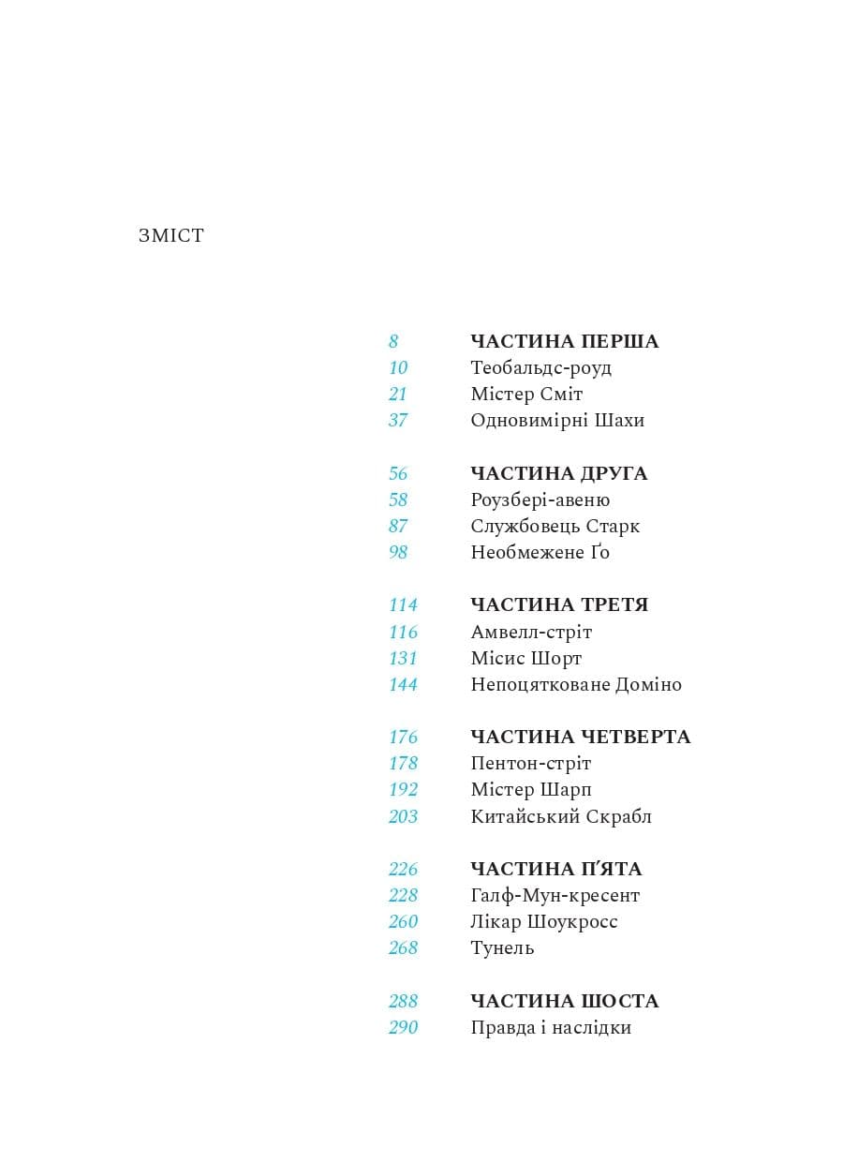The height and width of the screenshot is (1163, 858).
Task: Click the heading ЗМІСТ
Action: point(170,236)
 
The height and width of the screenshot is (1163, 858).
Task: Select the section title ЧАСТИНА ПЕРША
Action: point(564,341)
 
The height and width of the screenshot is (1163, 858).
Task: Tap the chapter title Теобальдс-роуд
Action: point(540,367)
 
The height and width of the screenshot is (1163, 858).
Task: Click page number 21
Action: point(398,394)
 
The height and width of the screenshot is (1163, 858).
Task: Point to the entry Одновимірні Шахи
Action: point(557,420)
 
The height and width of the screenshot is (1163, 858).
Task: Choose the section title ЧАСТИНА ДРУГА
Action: point(558,473)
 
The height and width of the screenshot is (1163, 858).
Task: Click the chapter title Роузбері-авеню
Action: point(540,499)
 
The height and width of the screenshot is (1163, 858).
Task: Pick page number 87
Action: point(398,526)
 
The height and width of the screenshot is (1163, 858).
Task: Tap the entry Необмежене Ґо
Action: point(540,552)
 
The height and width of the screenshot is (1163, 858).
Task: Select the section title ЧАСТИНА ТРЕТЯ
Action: point(559,604)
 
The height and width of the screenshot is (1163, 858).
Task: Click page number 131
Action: point(403,658)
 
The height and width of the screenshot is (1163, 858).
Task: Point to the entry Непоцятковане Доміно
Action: point(576,684)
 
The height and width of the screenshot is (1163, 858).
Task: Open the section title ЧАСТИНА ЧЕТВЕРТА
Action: point(580,737)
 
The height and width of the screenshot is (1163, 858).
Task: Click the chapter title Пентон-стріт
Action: point(530,763)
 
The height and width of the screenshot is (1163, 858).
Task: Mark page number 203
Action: point(403,816)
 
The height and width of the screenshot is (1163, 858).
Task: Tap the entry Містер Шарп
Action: point(530,789)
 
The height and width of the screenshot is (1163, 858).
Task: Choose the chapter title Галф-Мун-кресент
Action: point(555,895)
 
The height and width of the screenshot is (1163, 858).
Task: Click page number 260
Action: point(403,921)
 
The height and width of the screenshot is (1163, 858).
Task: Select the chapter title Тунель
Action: point(502,947)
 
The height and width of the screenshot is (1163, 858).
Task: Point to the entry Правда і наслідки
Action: point(551,1027)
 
